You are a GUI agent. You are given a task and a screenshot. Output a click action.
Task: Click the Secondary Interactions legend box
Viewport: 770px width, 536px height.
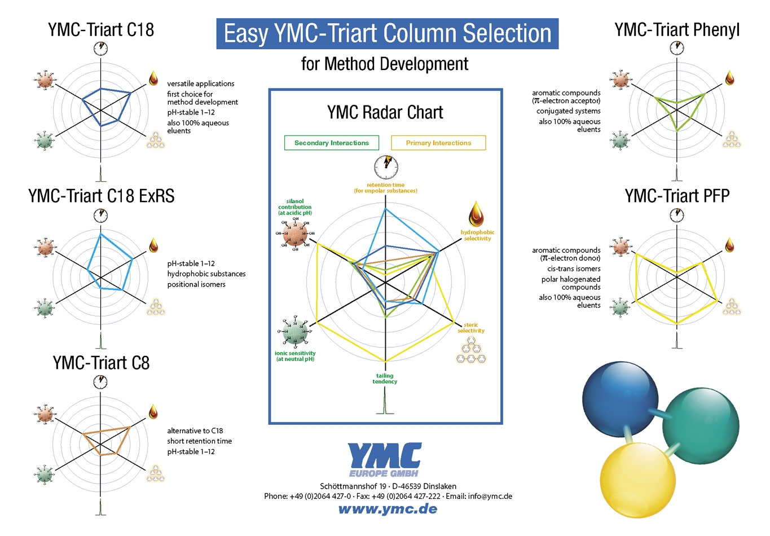click(x=332, y=143)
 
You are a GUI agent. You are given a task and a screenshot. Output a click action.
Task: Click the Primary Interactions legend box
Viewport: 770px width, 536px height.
click(x=438, y=143)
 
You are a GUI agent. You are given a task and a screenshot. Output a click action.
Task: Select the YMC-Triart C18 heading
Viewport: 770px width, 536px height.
click(x=101, y=29)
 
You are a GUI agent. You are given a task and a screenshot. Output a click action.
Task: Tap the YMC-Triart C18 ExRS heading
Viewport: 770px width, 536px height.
click(x=102, y=196)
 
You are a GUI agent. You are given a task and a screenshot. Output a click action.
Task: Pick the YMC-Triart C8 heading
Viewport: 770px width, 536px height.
click(x=102, y=363)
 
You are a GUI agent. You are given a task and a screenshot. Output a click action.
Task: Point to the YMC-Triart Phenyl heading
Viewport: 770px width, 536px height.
click(x=677, y=29)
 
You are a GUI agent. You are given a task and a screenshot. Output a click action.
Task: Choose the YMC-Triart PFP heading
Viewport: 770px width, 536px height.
click(x=677, y=196)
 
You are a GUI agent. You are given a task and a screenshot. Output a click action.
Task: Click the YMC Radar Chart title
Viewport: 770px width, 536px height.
click(x=385, y=112)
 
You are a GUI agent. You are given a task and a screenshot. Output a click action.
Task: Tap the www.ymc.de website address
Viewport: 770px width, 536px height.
click(x=388, y=509)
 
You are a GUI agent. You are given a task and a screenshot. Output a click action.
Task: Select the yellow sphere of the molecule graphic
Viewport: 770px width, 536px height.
click(x=637, y=480)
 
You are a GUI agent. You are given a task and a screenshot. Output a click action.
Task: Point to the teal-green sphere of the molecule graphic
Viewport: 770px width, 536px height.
click(x=700, y=427)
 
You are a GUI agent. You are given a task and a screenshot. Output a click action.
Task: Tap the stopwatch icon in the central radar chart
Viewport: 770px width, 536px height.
click(x=386, y=167)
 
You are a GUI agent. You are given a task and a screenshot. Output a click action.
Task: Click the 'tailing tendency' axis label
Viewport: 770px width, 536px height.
click(x=385, y=379)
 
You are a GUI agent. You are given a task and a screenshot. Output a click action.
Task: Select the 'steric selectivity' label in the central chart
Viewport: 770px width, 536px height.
click(x=471, y=328)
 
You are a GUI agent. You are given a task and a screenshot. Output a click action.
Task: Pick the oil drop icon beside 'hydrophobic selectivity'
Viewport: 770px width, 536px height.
click(x=476, y=214)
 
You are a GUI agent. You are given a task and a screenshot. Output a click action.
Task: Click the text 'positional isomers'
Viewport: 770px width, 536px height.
click(x=196, y=284)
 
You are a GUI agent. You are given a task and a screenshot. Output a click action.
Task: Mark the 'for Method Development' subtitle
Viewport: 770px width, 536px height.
click(x=385, y=64)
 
